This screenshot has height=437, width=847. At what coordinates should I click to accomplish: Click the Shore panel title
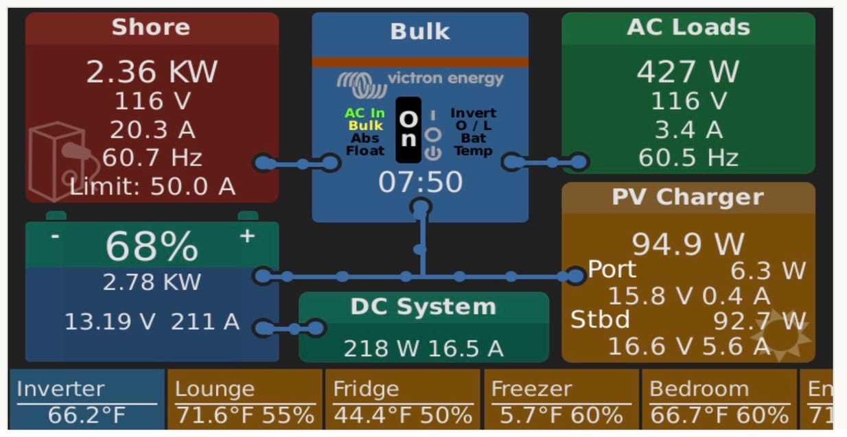click(151, 27)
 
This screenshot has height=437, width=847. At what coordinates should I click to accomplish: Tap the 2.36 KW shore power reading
click(151, 72)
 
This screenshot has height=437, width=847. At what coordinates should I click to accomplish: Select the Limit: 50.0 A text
click(152, 186)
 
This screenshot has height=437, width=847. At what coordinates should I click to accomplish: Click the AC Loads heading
click(688, 27)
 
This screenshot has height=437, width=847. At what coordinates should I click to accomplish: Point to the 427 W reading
click(688, 72)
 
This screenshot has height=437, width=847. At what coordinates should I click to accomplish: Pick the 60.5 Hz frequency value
click(688, 158)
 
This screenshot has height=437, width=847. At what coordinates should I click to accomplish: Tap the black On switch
click(408, 130)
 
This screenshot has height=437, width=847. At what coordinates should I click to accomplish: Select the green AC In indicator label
click(364, 113)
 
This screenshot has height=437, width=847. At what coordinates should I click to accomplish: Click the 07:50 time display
click(420, 182)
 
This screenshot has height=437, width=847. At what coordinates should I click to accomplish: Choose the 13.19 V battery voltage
click(110, 321)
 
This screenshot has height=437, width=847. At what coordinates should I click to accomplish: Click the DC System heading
click(423, 307)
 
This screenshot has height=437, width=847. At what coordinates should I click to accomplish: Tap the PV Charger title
click(688, 198)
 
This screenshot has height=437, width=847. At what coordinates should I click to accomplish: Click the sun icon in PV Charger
click(780, 335)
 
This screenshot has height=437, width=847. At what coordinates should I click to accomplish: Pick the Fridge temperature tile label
click(366, 389)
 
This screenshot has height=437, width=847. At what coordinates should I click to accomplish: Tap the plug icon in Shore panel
click(62, 161)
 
